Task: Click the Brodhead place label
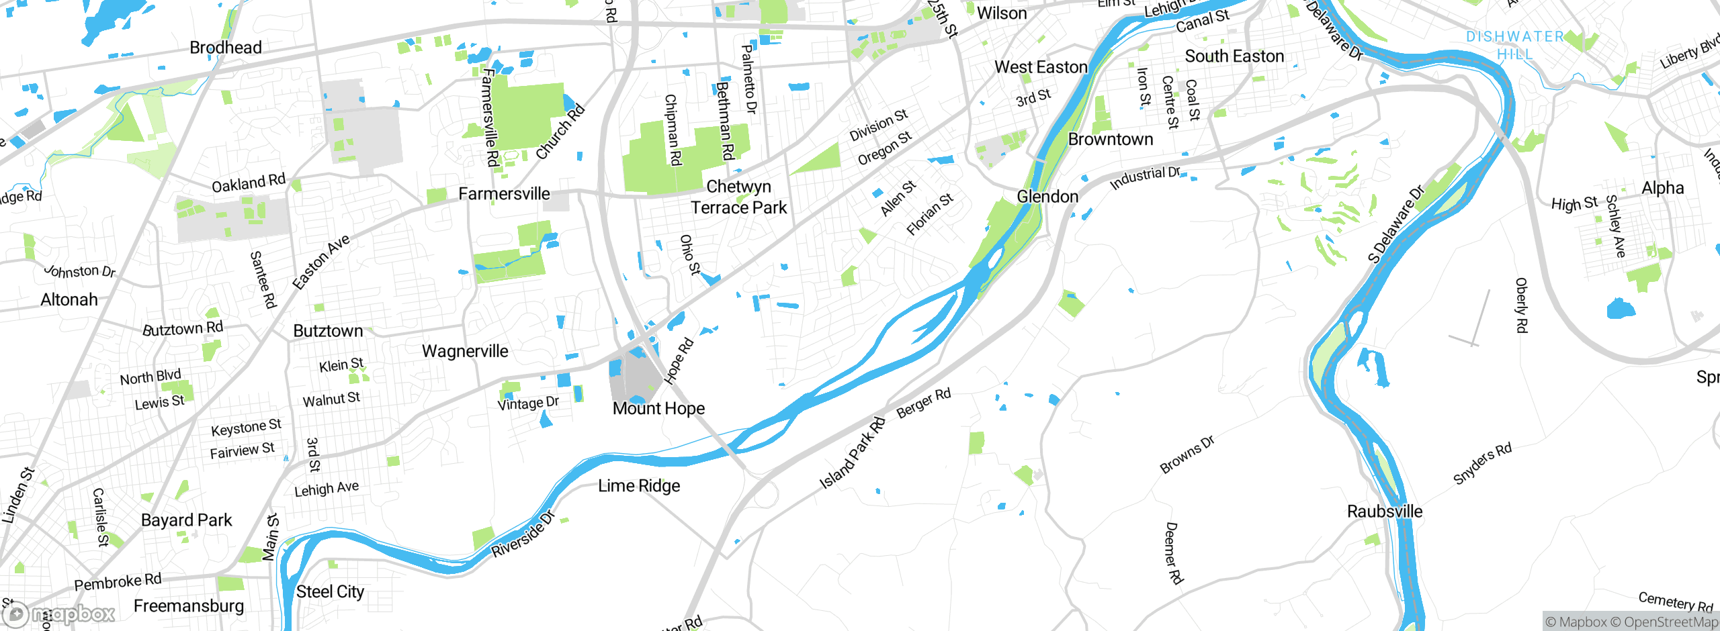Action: [x=226, y=48]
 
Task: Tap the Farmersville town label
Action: [x=504, y=194]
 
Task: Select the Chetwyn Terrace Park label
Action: [x=738, y=197]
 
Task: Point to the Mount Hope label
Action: [x=658, y=408]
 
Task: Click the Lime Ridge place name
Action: [x=639, y=485]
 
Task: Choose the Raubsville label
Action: [x=1385, y=512]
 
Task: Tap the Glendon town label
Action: [x=1047, y=197]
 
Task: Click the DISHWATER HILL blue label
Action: [x=1515, y=45]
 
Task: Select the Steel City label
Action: [x=330, y=591]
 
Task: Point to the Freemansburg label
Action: [x=189, y=605]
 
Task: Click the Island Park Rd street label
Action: [x=853, y=453]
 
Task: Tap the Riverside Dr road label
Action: [x=523, y=534]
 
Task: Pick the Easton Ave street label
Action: [x=321, y=262]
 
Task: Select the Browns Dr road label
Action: [x=1187, y=454]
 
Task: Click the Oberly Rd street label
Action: [x=1522, y=305]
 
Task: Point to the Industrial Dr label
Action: [x=1145, y=178]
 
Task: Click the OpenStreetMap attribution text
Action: [x=1670, y=622]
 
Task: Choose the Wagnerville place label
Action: [x=465, y=351]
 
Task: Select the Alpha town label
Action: [x=1662, y=188]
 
